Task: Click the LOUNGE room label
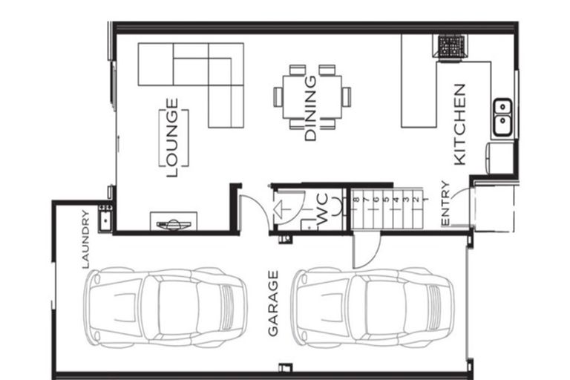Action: click(x=172, y=138)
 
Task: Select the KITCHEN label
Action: click(x=459, y=125)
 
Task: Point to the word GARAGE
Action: click(x=273, y=304)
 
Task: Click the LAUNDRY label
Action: click(x=85, y=239)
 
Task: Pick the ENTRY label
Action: click(x=445, y=203)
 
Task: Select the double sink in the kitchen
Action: click(x=502, y=117)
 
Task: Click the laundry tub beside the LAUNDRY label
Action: click(x=105, y=218)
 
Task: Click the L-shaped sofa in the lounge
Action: click(x=200, y=74)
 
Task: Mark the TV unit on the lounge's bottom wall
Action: click(x=174, y=222)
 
